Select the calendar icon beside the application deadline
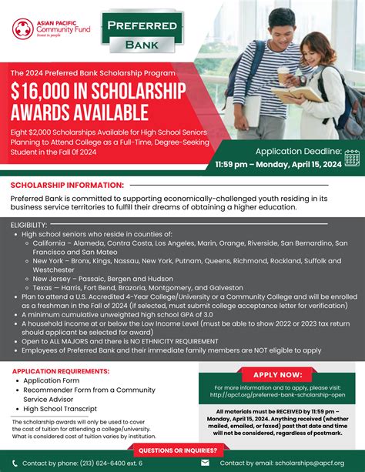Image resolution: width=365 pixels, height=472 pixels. point(352,157)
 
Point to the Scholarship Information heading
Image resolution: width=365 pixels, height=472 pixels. point(64,185)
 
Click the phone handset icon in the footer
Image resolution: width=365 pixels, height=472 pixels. point(12,463)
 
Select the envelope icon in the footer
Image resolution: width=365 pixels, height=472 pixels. point(204,463)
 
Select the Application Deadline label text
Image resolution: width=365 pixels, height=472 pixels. point(297,152)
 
